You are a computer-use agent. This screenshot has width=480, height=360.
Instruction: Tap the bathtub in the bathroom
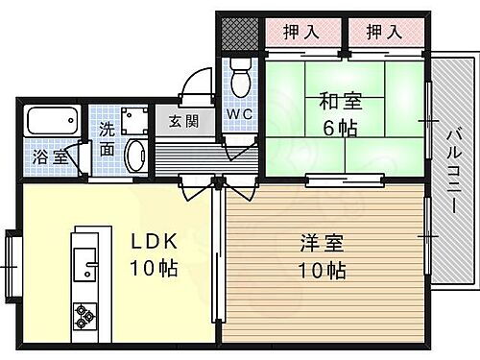pyautogui.click(x=54, y=123)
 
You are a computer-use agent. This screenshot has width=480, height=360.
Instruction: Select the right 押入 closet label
pyautogui.click(x=383, y=32)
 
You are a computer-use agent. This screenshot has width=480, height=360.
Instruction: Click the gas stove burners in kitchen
pyautogui.click(x=84, y=314)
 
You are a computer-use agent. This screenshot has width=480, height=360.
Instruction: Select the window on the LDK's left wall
pyautogui.click(x=11, y=256)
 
